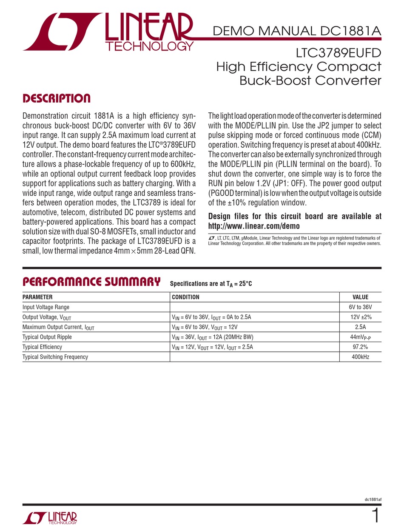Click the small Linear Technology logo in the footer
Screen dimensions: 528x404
(50, 517)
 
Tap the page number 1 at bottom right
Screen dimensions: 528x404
(375, 516)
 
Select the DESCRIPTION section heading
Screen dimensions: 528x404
(56, 99)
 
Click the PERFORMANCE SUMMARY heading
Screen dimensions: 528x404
(91, 282)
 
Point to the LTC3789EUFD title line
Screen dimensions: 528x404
(339, 54)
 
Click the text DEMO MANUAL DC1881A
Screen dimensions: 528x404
(297, 31)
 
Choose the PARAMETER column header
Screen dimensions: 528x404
(37, 297)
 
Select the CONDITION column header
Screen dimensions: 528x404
(185, 297)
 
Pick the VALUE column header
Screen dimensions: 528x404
(361, 297)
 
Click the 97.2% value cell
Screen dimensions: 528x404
(361, 347)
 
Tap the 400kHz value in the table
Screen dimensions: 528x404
(361, 357)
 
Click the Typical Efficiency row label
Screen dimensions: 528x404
(42, 347)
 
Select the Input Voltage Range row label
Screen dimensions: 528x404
(46, 307)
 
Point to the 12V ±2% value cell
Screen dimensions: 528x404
(361, 317)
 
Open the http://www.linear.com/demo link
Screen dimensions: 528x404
(254, 226)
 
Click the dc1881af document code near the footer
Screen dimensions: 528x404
(373, 499)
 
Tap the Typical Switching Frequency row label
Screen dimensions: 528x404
(55, 357)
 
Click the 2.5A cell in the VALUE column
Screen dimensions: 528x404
(361, 327)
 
